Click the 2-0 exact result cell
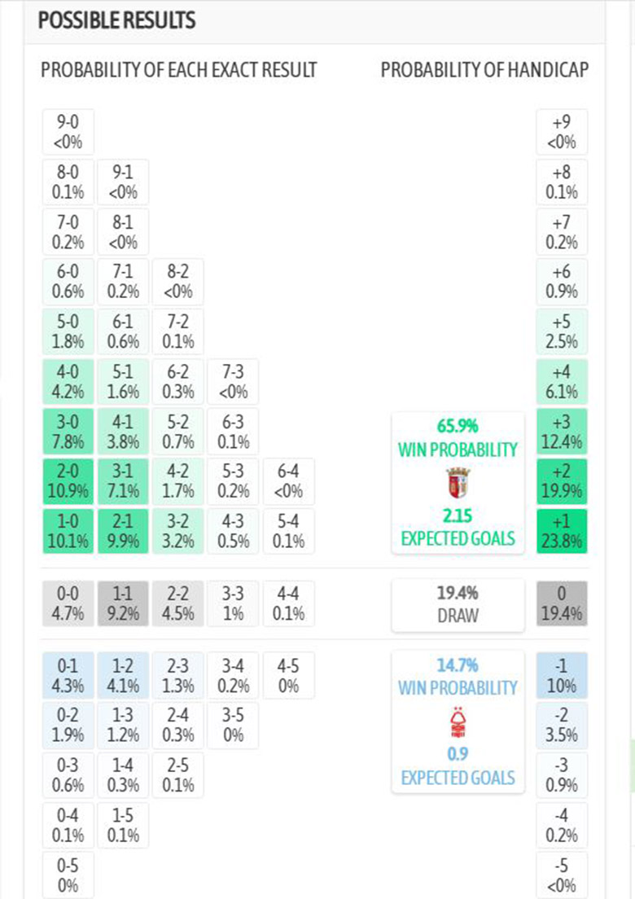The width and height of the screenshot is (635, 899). [68, 482]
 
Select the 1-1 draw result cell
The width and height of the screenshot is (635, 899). [123, 603]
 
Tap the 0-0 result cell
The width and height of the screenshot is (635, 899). [68, 603]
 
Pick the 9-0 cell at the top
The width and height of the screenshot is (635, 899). [68, 132]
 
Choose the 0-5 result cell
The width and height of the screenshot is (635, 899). [68, 875]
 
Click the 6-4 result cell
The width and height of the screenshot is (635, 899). [288, 482]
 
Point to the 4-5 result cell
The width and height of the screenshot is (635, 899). [288, 676]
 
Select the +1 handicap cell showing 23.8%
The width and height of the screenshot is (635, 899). [562, 531]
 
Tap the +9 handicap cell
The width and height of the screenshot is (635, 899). [562, 132]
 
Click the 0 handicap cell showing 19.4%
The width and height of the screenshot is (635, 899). [562, 603]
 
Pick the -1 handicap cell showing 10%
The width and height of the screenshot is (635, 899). [562, 676]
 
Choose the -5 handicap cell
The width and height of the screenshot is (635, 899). [562, 875]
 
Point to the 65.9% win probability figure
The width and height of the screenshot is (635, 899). [458, 426]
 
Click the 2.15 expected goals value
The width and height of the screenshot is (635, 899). [458, 515]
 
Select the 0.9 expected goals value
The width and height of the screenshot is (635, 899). [458, 753]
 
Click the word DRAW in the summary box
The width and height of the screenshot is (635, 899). [458, 616]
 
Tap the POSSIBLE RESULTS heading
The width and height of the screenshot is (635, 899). [116, 21]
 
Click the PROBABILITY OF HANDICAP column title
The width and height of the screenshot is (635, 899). [484, 70]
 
